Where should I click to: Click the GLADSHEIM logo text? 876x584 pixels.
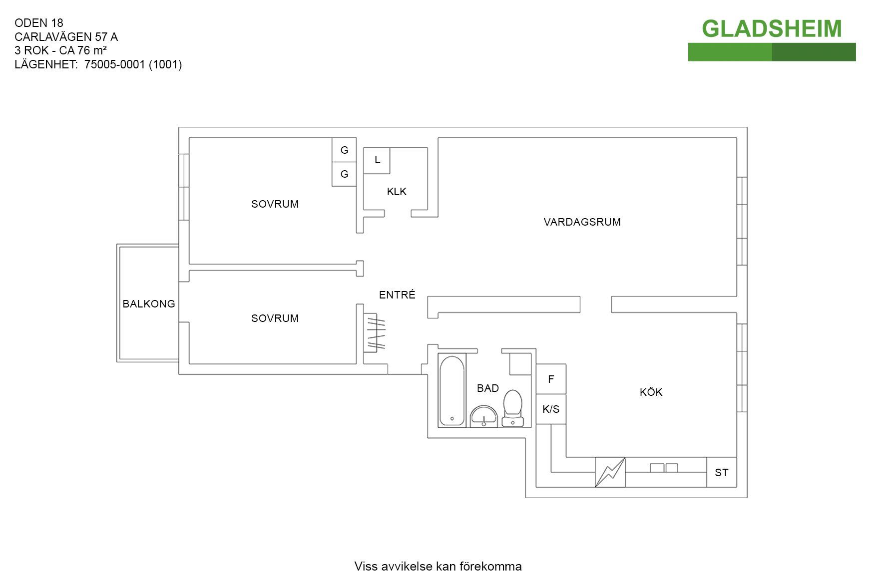click(772, 28)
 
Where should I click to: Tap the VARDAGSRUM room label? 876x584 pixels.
click(582, 222)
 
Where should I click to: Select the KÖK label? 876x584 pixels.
click(651, 392)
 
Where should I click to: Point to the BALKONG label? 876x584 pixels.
click(149, 304)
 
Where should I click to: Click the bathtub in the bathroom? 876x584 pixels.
click(452, 390)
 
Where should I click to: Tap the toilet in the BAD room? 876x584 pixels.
click(513, 408)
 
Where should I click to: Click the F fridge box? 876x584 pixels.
click(551, 379)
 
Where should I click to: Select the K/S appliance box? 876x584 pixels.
click(551, 409)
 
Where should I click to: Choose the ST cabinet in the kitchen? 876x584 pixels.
click(722, 472)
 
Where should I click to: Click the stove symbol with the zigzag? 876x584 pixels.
click(610, 472)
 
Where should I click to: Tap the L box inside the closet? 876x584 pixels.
click(377, 160)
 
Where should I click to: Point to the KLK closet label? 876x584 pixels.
click(397, 192)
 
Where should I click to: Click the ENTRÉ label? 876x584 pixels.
click(397, 295)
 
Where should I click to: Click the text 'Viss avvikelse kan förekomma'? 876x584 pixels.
click(438, 567)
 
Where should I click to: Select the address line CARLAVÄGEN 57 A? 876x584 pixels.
click(66, 37)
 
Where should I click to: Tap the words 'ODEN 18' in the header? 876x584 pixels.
click(39, 23)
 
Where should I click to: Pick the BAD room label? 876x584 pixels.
click(488, 388)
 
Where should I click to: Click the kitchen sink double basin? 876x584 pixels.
click(664, 468)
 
